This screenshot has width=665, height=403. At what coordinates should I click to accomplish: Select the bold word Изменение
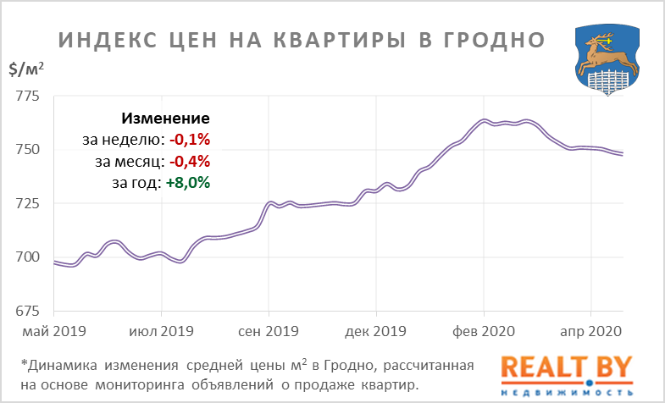click(x=166, y=119)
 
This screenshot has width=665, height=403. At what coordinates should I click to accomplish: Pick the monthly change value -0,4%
click(x=191, y=161)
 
